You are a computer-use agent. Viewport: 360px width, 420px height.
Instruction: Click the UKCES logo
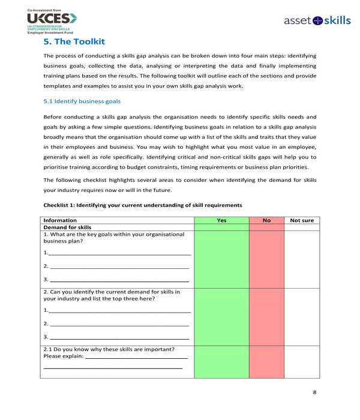[x=52, y=19]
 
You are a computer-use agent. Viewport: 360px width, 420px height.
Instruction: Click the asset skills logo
[x=317, y=20]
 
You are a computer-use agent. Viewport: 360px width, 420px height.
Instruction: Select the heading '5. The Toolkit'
[x=74, y=41]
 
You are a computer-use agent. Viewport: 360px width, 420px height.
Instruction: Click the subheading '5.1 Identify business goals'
[x=82, y=101]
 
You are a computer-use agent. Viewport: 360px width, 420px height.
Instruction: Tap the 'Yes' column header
[x=221, y=220]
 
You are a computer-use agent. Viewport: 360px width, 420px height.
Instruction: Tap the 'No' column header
[x=266, y=220]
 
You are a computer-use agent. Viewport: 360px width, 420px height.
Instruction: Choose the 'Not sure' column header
[x=302, y=220]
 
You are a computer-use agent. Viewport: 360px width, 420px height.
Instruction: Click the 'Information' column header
[x=60, y=220]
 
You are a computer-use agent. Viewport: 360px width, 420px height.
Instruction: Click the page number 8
[x=314, y=392]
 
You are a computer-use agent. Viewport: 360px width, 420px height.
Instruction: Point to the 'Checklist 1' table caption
[x=142, y=205]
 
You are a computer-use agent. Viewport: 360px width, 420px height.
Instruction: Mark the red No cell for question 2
[x=266, y=316]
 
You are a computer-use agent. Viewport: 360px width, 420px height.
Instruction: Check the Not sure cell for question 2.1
[x=302, y=362]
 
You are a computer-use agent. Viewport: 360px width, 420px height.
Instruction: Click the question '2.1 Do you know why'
[x=109, y=349]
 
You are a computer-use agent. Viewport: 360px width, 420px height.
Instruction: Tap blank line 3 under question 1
[x=119, y=280]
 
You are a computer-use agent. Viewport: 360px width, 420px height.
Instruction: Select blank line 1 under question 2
[x=119, y=311]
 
